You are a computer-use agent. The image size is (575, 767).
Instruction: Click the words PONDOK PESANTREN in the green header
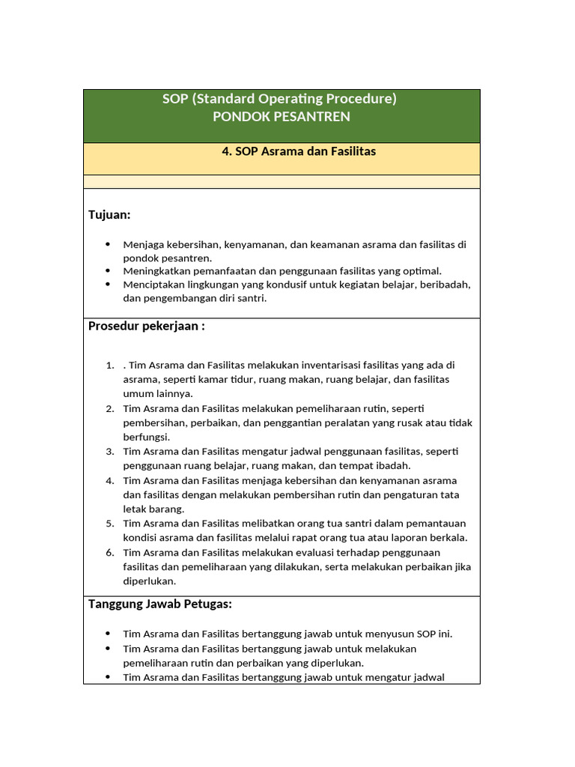pyautogui.click(x=281, y=117)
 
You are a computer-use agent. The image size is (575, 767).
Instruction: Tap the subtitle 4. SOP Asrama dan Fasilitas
pyautogui.click(x=299, y=151)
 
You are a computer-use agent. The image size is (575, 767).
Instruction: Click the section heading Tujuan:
pyautogui.click(x=109, y=215)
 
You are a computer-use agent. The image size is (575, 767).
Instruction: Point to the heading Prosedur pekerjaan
pyautogui.click(x=146, y=326)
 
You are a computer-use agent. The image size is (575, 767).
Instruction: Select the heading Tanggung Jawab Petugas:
pyautogui.click(x=160, y=604)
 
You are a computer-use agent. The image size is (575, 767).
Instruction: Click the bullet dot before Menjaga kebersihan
pyautogui.click(x=108, y=244)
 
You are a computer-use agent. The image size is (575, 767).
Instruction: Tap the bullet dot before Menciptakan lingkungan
pyautogui.click(x=108, y=284)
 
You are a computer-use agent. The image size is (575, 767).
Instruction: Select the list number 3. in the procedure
pyautogui.click(x=109, y=452)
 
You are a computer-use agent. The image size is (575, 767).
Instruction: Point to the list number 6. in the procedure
pyautogui.click(x=109, y=553)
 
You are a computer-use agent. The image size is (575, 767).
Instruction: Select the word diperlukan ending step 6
pyautogui.click(x=149, y=581)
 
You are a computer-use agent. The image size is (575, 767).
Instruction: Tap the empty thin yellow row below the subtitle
pyautogui.click(x=281, y=182)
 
